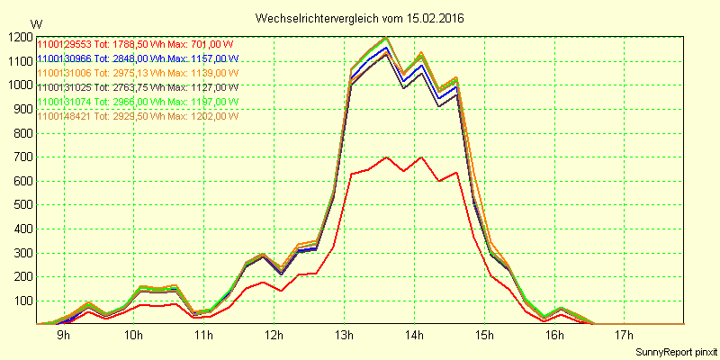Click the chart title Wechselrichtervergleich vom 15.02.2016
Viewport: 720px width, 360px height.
point(360,17)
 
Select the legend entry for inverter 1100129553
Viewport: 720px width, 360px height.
point(135,43)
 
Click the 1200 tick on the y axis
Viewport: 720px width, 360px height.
point(18,38)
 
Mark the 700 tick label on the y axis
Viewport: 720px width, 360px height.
point(21,157)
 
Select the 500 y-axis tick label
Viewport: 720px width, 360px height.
point(21,205)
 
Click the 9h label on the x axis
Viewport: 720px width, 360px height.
point(64,336)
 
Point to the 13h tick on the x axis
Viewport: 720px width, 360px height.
point(343,336)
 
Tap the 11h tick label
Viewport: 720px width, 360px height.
point(203,336)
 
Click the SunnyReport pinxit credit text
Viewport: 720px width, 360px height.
point(675,350)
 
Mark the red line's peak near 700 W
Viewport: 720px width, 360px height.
point(386,157)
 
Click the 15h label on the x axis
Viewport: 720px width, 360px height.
point(483,336)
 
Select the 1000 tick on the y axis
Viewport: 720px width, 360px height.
point(18,85)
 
